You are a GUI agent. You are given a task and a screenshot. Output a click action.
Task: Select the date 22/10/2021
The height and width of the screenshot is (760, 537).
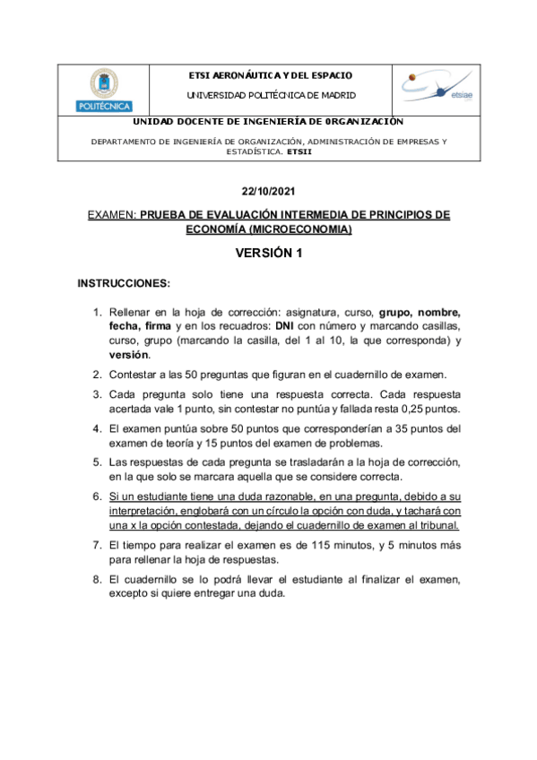(268, 192)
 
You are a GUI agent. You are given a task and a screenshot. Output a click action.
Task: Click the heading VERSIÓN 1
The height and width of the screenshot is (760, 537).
(268, 254)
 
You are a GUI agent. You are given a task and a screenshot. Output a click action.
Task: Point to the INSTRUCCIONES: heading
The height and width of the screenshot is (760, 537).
(124, 284)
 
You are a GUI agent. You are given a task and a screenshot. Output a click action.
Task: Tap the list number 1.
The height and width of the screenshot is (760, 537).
(98, 313)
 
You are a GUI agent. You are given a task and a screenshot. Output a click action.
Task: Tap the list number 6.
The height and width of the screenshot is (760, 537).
(98, 496)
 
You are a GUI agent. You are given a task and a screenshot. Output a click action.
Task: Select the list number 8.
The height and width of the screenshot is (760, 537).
(98, 580)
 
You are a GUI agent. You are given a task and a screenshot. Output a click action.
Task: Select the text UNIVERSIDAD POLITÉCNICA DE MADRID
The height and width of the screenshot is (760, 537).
(270, 94)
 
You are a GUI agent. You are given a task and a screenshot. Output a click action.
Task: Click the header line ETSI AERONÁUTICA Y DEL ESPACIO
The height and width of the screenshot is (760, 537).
(270, 76)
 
